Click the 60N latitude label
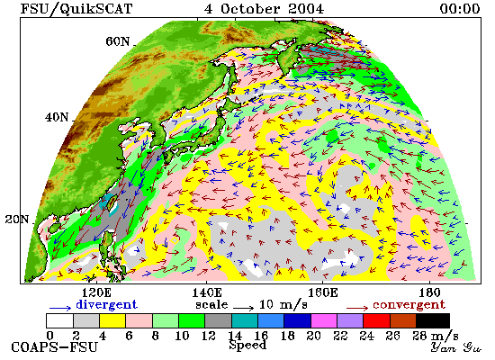(118, 41)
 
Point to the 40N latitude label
(57, 118)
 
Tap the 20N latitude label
(17, 220)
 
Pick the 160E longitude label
(322, 292)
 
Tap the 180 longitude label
(429, 292)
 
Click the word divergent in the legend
(107, 304)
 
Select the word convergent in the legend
(409, 305)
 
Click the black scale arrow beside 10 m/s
(243, 308)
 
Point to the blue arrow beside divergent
(60, 308)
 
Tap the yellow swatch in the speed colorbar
(112, 320)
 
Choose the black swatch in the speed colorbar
(433, 320)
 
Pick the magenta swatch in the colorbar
(324, 320)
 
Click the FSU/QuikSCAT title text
(76, 9)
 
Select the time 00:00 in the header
(460, 8)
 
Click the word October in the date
(250, 8)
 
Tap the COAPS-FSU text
(55, 347)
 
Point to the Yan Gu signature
(456, 347)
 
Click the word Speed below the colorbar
(247, 346)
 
